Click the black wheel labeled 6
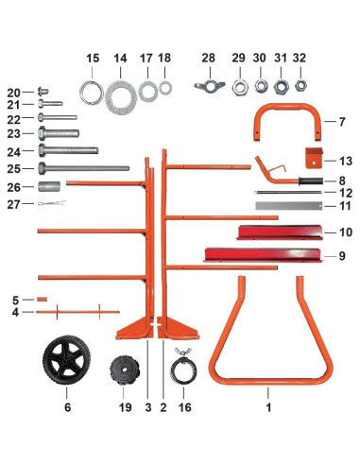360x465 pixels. (x=67, y=360)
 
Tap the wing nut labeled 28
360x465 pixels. (x=210, y=85)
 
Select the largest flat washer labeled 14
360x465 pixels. (x=121, y=97)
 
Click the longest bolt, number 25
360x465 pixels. (x=84, y=168)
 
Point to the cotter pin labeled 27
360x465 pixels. (x=52, y=203)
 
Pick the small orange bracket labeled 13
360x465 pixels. (x=314, y=158)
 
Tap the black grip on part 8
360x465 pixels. (x=311, y=181)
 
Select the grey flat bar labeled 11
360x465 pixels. (x=289, y=206)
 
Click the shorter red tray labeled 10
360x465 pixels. (x=280, y=232)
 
